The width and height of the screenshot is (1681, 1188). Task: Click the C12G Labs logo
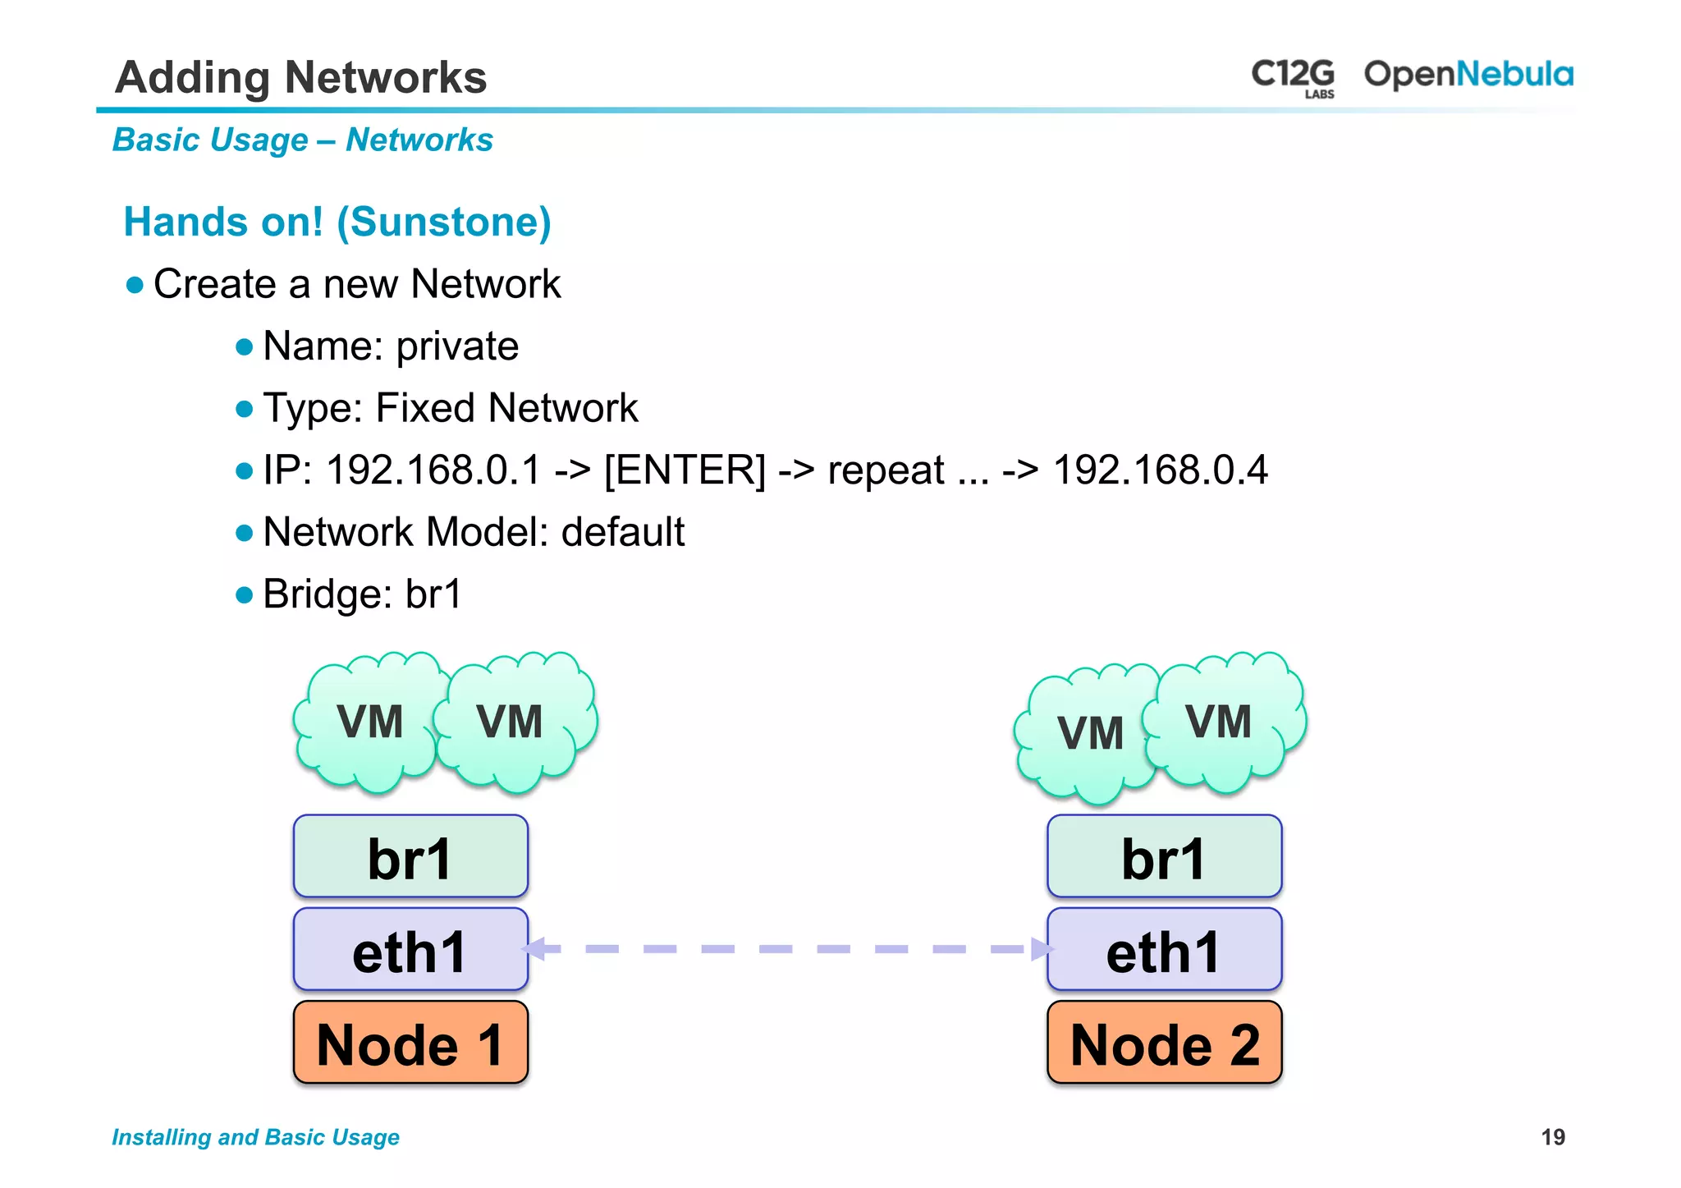click(1292, 76)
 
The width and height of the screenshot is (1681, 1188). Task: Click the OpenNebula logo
click(1468, 75)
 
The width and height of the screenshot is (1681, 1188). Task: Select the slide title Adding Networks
click(300, 77)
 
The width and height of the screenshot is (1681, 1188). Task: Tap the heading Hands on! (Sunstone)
click(337, 222)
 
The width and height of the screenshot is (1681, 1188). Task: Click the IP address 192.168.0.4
click(1160, 470)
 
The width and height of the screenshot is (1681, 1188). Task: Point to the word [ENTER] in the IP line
click(685, 470)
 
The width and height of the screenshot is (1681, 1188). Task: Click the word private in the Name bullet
click(457, 346)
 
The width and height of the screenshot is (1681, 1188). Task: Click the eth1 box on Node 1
click(410, 950)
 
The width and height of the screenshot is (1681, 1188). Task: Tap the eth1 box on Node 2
click(1164, 950)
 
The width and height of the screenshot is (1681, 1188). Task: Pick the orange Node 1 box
click(410, 1043)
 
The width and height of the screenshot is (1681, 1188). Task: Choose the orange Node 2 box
click(1164, 1043)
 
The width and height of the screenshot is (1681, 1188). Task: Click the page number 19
click(1552, 1137)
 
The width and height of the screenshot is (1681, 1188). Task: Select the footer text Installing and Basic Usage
click(255, 1137)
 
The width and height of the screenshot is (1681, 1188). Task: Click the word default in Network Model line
click(622, 532)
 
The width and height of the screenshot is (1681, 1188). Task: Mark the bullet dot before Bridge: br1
click(244, 594)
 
